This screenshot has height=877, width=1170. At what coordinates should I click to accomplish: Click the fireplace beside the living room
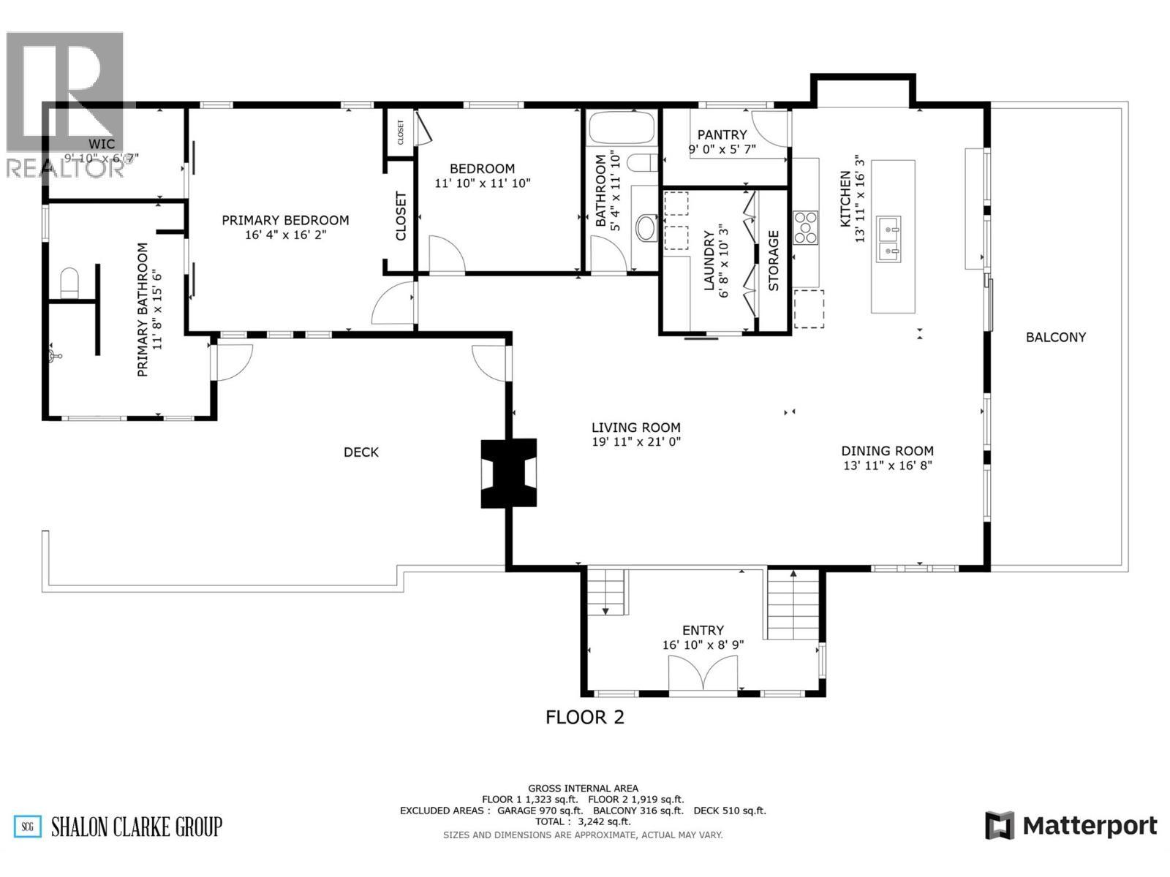(508, 473)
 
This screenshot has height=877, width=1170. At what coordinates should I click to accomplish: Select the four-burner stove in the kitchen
(806, 227)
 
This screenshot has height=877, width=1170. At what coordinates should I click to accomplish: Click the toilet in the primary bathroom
(69, 284)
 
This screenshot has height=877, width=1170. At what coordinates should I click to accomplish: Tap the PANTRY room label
(722, 134)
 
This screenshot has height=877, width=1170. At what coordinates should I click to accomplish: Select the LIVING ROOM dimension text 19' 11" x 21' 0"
(636, 442)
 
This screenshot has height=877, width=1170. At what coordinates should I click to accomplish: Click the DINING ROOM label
(887, 451)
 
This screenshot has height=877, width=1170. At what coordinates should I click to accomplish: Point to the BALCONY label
(1055, 337)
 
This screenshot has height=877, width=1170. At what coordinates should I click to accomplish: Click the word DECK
(361, 452)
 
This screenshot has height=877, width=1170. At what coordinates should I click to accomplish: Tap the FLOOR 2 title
(585, 717)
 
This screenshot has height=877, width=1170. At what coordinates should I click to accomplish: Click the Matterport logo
(1071, 826)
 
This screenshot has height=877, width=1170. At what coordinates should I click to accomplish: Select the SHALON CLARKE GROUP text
(136, 827)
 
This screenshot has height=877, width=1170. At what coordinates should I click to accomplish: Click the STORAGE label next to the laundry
(774, 261)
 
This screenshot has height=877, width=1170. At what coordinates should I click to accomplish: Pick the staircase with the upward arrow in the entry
(793, 604)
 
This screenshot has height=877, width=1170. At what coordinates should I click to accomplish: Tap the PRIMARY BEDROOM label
(285, 220)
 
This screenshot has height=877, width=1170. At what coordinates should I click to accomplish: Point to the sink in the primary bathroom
(53, 356)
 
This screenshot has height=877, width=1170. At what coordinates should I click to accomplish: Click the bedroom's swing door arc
(446, 256)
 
